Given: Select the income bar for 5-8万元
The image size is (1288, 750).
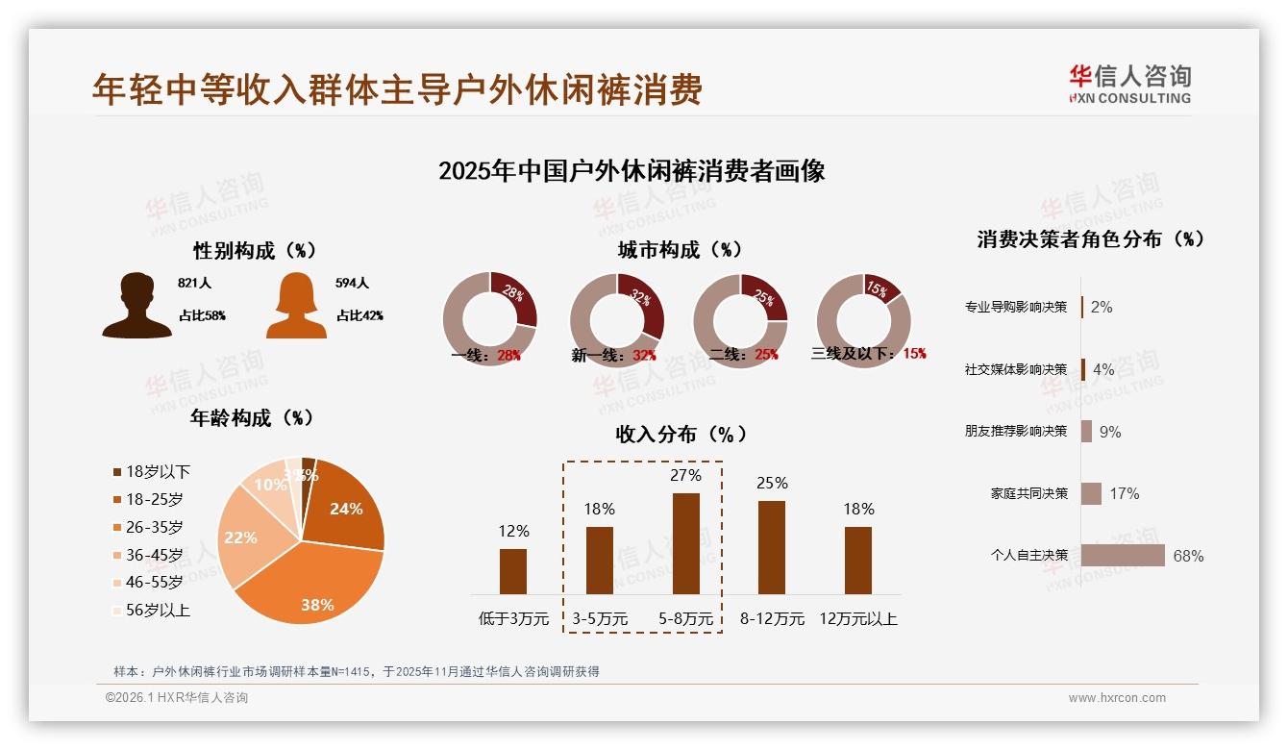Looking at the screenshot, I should point(685,543).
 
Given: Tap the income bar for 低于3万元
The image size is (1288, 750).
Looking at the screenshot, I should point(513,571).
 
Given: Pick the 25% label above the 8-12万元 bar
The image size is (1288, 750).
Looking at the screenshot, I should point(772,483).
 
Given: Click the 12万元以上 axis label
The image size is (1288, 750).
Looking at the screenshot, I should point(857,618).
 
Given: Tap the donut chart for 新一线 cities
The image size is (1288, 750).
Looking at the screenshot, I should point(617,319).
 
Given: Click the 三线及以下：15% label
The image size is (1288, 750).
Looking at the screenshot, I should point(868,354).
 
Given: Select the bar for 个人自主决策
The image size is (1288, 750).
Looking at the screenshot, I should point(1123,556).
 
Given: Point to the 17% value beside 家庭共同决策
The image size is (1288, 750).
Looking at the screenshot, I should point(1124,493).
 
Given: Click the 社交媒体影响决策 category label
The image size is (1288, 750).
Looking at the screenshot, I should point(1015,369).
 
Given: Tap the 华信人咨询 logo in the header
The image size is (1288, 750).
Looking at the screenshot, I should point(1129,84).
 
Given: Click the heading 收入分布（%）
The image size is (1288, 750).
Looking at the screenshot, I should point(681,434).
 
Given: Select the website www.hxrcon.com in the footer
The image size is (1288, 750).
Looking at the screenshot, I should point(1117,698).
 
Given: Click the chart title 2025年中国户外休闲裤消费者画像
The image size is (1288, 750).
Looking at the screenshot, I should point(632,171).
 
